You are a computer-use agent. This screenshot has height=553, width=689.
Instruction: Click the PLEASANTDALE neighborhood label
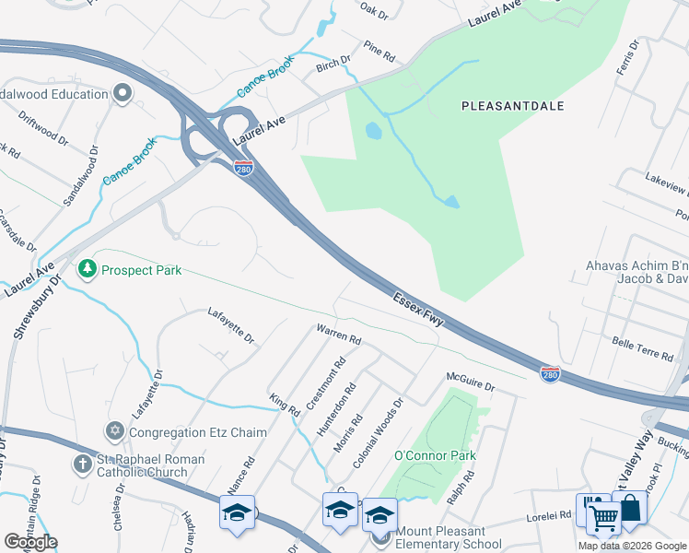pos(512,106)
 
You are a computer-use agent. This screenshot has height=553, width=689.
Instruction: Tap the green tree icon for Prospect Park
pos(88,270)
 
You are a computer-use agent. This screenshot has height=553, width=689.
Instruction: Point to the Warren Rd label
pos(338,334)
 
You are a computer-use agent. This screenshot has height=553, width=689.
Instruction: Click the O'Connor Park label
pos(435,455)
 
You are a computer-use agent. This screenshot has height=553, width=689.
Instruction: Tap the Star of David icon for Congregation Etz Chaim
pos(115,431)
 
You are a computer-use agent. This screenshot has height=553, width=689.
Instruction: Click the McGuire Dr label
pos(472,382)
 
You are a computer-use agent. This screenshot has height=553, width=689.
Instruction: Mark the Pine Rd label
pos(379,52)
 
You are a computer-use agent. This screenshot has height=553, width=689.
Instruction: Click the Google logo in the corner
pos(30,541)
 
